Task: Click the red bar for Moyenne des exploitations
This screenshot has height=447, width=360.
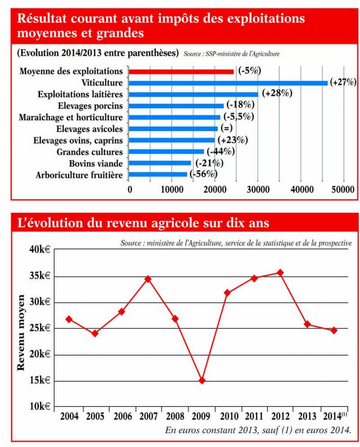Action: click(181, 71)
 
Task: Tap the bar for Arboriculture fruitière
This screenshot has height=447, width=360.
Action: click(158, 175)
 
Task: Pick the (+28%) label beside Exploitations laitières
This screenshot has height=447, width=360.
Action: click(277, 94)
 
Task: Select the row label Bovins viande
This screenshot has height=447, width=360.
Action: click(95, 163)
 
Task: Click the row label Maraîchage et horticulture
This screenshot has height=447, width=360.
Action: click(70, 117)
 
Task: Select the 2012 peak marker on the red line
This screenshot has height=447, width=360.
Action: click(280, 272)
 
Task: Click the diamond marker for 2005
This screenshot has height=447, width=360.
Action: click(95, 333)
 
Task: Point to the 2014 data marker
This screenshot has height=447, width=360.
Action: click(333, 330)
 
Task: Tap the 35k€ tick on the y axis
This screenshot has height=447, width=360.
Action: click(40, 277)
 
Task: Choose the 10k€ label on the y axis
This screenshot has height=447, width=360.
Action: click(40, 406)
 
